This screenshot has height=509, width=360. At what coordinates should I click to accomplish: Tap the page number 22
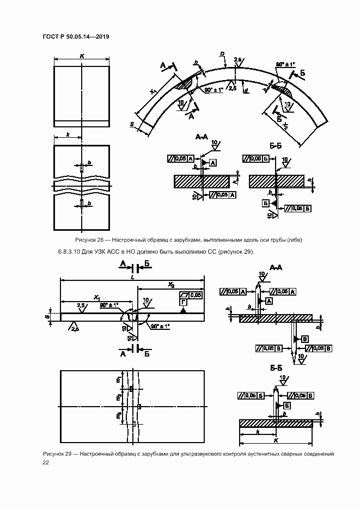[46, 462]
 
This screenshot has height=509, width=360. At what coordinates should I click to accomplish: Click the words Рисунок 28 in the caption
[89, 240]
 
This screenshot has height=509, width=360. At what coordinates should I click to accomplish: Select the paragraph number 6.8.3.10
[69, 252]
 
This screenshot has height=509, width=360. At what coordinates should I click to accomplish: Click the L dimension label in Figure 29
[132, 277]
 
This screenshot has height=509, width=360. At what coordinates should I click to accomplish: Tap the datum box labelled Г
[184, 301]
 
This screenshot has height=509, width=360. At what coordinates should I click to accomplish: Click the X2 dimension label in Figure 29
[170, 284]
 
